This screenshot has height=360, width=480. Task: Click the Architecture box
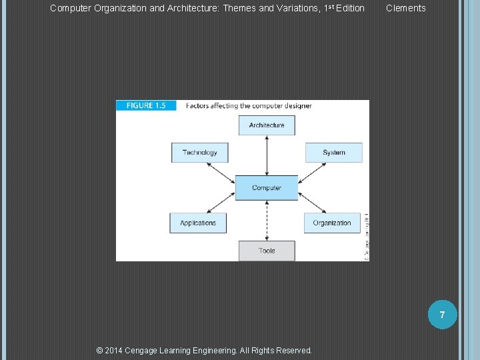[267, 125]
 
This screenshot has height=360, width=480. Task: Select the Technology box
[199, 153]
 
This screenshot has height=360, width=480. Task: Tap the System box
[334, 153]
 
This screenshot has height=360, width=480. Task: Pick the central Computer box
[267, 188]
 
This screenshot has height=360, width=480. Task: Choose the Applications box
[198, 223]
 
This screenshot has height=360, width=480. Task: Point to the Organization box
[332, 223]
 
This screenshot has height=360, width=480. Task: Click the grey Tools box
[267, 251]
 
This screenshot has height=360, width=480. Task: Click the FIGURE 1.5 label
[145, 105]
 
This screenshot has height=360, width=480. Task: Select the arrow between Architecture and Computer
[267, 155]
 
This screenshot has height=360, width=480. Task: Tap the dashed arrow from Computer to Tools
[267, 220]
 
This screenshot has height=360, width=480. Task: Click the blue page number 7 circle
[441, 313]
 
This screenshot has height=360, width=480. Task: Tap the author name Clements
[405, 8]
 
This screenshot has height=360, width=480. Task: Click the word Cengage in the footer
[144, 350]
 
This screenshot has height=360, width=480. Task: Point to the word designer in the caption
[297, 105]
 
